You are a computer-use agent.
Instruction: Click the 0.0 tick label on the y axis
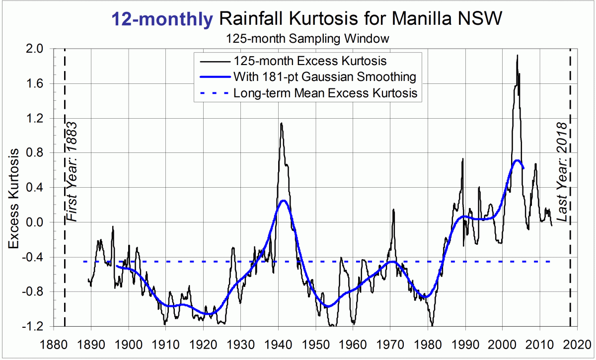click(x=34, y=222)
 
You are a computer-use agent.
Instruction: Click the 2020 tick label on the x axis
click(x=577, y=344)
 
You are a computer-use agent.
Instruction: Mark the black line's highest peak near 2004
click(x=517, y=55)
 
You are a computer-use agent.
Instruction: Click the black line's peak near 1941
click(x=281, y=123)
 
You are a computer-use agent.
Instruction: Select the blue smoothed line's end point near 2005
click(x=523, y=168)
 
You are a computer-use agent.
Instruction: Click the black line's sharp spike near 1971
click(x=393, y=210)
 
